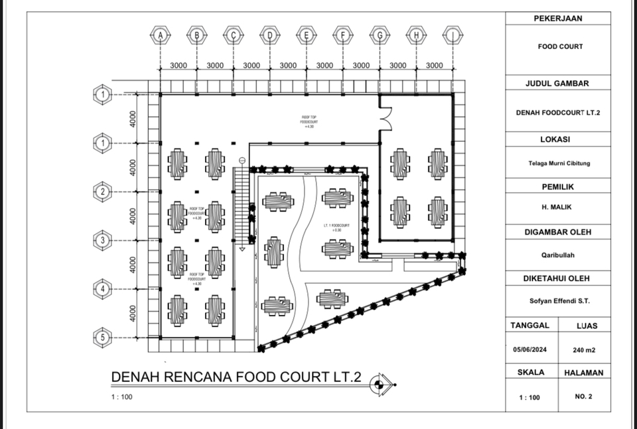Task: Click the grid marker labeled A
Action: tap(160, 35)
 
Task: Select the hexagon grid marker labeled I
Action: tap(453, 35)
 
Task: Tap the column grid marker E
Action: tap(306, 35)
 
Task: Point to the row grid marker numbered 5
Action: tap(102, 337)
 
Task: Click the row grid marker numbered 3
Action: tap(102, 240)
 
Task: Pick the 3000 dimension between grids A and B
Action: tap(178, 66)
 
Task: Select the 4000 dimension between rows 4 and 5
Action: tap(133, 314)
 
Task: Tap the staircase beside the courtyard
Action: tap(242, 206)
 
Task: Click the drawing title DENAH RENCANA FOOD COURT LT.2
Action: tap(236, 377)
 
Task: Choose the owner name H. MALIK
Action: tap(557, 207)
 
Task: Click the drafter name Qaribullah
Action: tap(557, 254)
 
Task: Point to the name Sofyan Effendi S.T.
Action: tap(557, 301)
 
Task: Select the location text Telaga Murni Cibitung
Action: tap(557, 163)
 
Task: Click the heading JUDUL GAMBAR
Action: tap(557, 84)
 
